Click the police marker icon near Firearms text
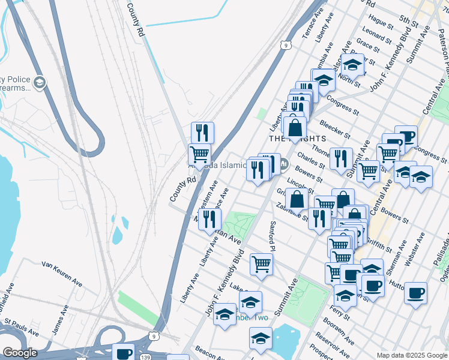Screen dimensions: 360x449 point(40,82)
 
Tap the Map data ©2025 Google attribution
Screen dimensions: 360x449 point(412,355)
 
